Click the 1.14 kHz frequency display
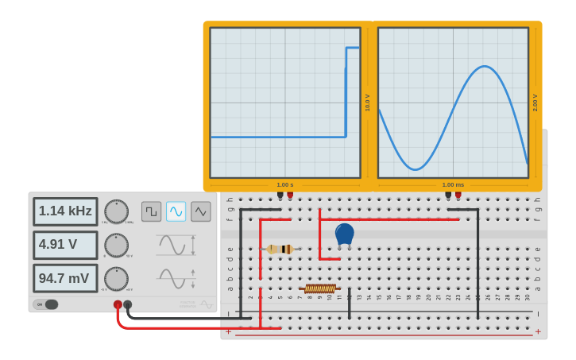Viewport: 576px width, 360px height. [x=65, y=211]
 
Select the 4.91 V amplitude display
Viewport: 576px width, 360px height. [x=65, y=245]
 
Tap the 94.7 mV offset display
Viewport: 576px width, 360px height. [x=65, y=278]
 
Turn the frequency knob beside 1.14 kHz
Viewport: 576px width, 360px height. [x=116, y=211]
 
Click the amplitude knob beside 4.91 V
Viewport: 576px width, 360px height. [x=116, y=245]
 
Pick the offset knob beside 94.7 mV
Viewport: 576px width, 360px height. [x=116, y=278]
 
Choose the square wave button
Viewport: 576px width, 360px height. [x=151, y=211]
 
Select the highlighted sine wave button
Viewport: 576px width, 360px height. [x=176, y=211]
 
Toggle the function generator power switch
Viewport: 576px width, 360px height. [x=46, y=304]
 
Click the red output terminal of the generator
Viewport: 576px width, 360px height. [x=118, y=304]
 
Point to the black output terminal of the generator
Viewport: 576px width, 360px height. [x=128, y=304]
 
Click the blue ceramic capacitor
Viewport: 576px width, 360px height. [x=344, y=234]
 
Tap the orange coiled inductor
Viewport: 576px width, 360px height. [x=320, y=288]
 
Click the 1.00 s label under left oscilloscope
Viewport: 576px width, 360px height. [x=284, y=185]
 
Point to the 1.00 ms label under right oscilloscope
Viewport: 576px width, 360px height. [x=453, y=185]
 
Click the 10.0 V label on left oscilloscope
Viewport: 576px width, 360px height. [x=368, y=103]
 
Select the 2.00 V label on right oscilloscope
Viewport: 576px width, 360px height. [x=535, y=103]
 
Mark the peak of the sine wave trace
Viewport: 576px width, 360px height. [x=484, y=67]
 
